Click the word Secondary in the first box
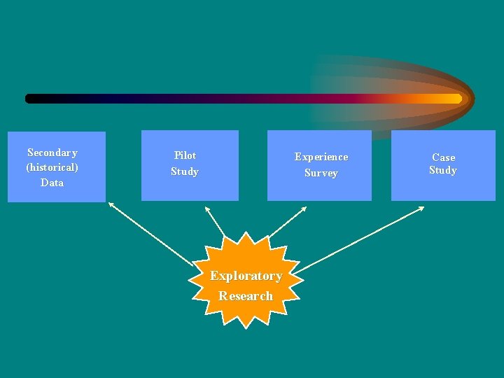coord(52,153)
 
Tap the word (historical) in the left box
coord(52,167)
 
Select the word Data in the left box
coord(52,183)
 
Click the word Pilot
coord(185,155)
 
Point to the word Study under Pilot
coord(185,171)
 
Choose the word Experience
coord(321,157)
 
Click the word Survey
coord(321,173)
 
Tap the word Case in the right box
coord(443,157)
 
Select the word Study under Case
coord(443,170)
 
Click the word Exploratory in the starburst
coord(246,276)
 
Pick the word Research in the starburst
coord(246,296)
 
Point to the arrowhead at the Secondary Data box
coord(111,204)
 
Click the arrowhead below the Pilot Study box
coord(206,209)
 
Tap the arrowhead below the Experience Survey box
coord(304,209)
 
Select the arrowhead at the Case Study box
coord(421,208)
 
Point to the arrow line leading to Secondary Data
coord(150,234)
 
